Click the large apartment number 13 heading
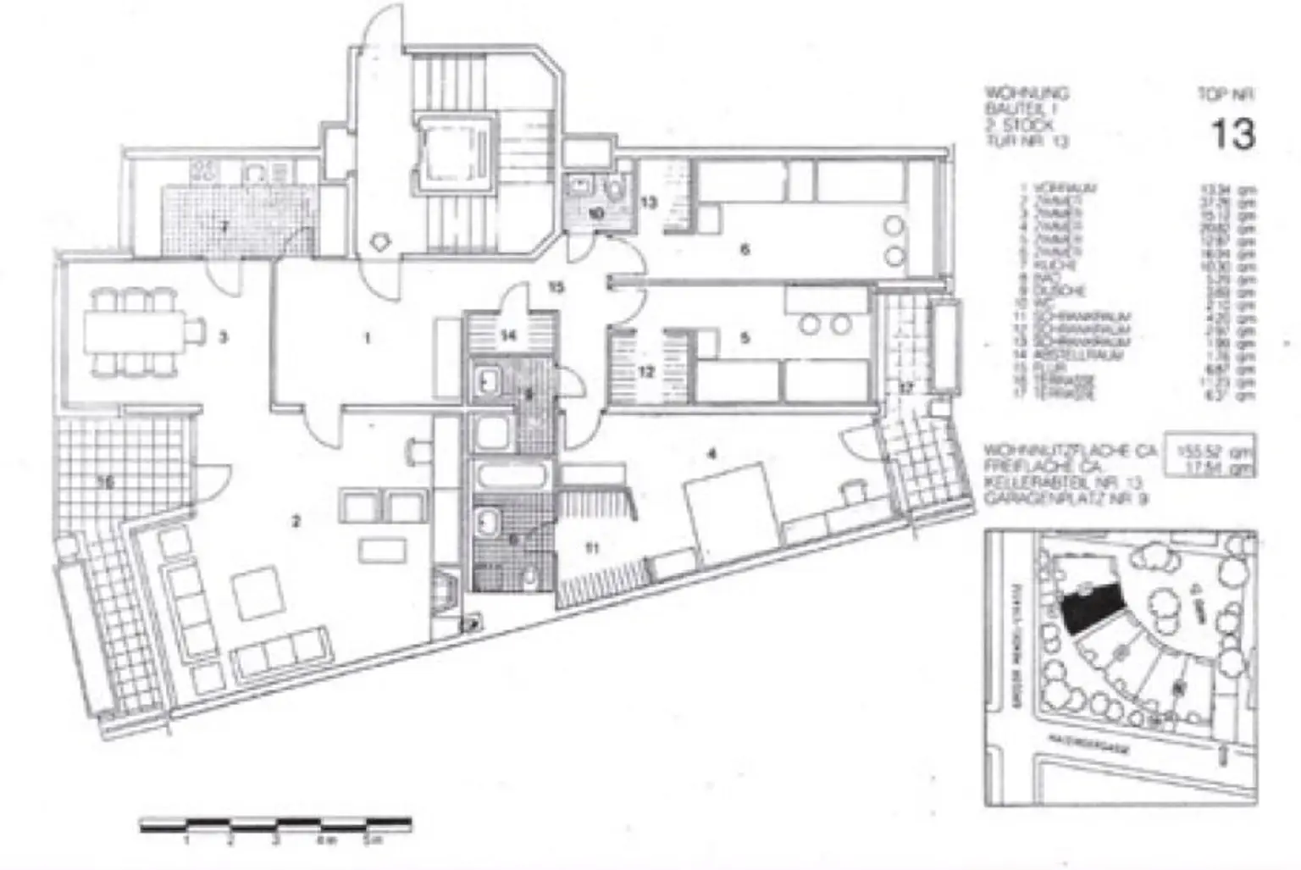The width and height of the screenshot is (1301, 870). click(1232, 133)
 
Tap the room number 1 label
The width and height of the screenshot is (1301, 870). click(367, 339)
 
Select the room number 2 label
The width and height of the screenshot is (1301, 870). click(296, 522)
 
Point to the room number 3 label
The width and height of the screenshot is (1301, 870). click(223, 338)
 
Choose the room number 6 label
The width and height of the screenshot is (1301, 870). click(745, 249)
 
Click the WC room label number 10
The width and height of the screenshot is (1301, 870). click(595, 213)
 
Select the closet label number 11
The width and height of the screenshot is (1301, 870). click(592, 548)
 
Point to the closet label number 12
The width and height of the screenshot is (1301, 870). click(645, 371)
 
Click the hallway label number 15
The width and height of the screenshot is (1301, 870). click(555, 288)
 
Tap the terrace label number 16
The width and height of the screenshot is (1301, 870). click(105, 483)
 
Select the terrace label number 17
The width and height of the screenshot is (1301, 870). click(907, 389)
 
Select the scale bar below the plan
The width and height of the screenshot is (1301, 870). click(275, 823)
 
